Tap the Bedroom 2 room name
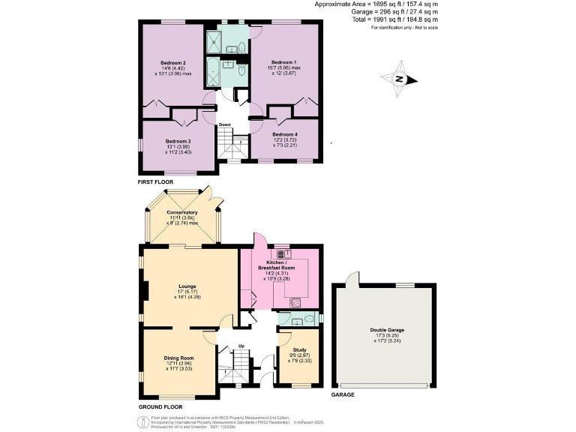point(173,62)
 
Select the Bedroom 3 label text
point(178,141)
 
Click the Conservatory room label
point(182,212)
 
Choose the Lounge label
point(187,286)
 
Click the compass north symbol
point(400,79)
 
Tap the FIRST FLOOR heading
point(155,182)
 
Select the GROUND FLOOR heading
point(160,406)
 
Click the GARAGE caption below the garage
point(343,394)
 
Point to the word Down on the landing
point(224,124)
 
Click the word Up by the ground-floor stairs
point(241,346)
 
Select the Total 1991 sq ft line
point(403,20)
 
